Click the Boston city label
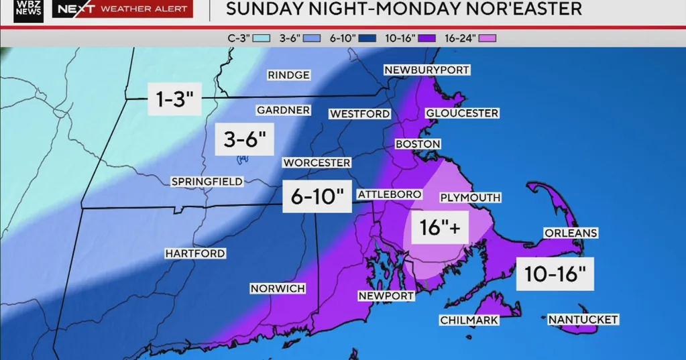[418, 144]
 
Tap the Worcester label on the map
[317, 163]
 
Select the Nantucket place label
[583, 320]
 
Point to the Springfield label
[207, 182]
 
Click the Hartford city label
[195, 253]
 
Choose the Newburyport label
[426, 70]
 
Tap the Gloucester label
[462, 113]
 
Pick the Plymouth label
[470, 197]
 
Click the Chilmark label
[469, 320]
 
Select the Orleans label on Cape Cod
[571, 233]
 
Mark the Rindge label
[288, 75]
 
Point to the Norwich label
[278, 288]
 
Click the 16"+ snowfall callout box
[440, 229]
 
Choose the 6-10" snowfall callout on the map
[317, 196]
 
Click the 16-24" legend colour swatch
[488, 38]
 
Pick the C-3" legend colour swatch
[262, 38]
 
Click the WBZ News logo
[28, 11]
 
